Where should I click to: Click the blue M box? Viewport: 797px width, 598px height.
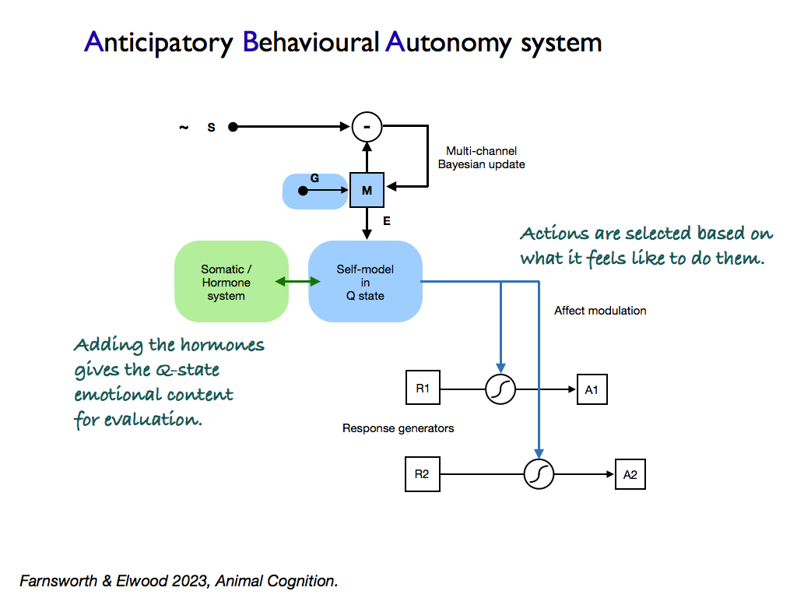click(x=367, y=190)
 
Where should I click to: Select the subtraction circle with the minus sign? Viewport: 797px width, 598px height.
click(x=367, y=126)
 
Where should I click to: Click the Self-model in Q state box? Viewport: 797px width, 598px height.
click(x=365, y=282)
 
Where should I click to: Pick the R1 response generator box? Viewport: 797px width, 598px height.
click(x=423, y=389)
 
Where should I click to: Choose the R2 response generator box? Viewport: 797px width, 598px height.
click(x=422, y=474)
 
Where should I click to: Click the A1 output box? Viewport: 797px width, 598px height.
click(x=592, y=389)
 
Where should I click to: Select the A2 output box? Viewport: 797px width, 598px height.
click(x=630, y=474)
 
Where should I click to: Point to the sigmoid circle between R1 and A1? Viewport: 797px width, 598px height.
click(x=500, y=389)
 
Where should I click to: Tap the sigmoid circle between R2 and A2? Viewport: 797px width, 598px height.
click(x=538, y=474)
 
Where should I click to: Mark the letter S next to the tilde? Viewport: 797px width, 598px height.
click(x=211, y=127)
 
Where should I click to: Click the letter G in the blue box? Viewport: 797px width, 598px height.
click(x=314, y=178)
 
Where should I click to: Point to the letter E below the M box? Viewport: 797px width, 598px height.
click(x=387, y=221)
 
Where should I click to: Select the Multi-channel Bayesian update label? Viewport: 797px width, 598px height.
click(x=481, y=157)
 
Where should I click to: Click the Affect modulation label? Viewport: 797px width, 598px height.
click(x=600, y=311)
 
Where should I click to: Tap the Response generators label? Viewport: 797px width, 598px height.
click(x=398, y=428)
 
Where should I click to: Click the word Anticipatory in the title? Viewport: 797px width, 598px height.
click(x=159, y=42)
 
